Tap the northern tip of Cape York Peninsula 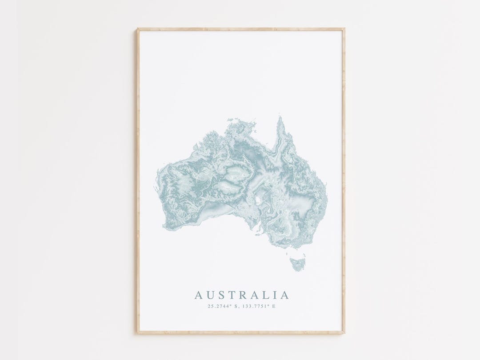[280, 118]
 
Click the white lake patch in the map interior [257, 200]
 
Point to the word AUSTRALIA [242, 295]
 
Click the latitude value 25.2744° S [223, 306]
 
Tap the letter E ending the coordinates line [274, 306]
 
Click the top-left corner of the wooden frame [138, 29]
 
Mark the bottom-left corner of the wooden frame [138, 332]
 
